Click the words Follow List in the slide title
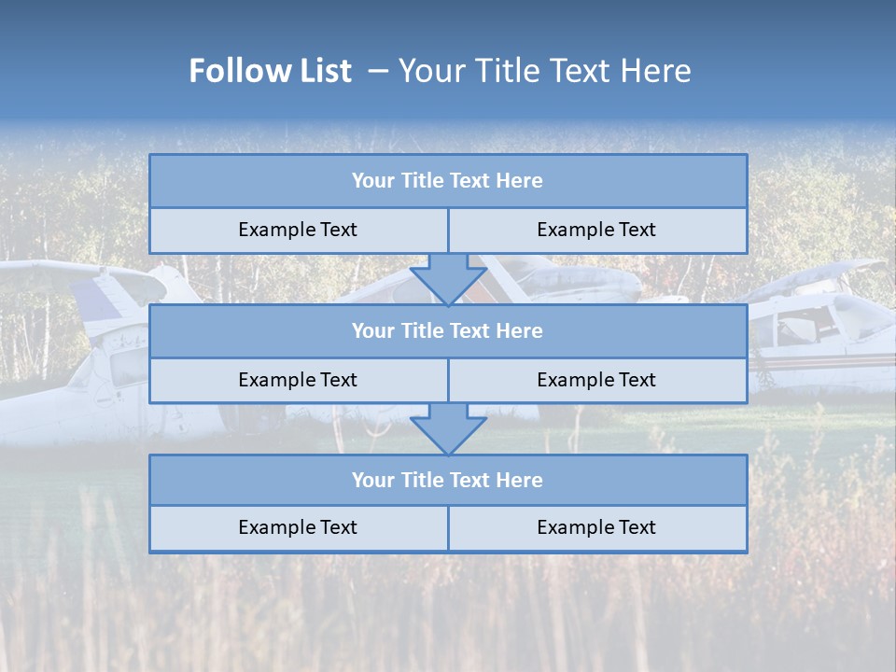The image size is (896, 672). click(x=270, y=71)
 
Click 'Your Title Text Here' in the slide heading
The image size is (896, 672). click(x=544, y=71)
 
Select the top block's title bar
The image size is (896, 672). click(x=447, y=181)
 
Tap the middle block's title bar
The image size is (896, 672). click(x=447, y=331)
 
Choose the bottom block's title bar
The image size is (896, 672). click(x=447, y=481)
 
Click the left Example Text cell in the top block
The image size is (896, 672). click(x=298, y=231)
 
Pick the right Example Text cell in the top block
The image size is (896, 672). click(x=596, y=231)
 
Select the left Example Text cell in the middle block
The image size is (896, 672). click(x=298, y=380)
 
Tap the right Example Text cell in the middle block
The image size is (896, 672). click(x=596, y=380)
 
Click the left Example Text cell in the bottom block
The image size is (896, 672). click(x=298, y=528)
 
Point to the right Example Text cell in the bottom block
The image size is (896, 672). click(x=596, y=528)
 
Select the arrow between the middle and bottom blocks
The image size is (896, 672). click(x=448, y=428)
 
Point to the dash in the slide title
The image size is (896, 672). click(x=377, y=71)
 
